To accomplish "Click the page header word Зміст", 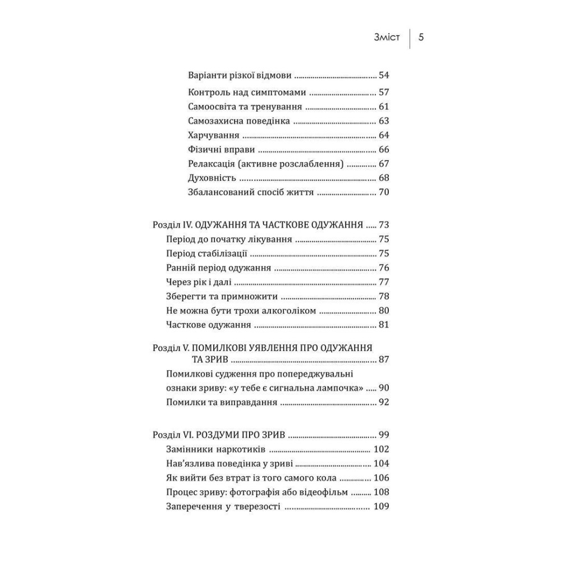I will coord(387,38).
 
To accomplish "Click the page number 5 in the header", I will coord(421,38).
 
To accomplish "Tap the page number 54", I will coord(384,75).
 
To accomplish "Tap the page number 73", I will coord(384,225).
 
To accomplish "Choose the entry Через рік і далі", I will coord(199,282).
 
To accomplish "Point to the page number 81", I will coord(384,325).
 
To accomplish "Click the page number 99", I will coord(384,435).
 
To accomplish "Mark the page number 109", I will coord(381,507).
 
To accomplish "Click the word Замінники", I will coord(191,449).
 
